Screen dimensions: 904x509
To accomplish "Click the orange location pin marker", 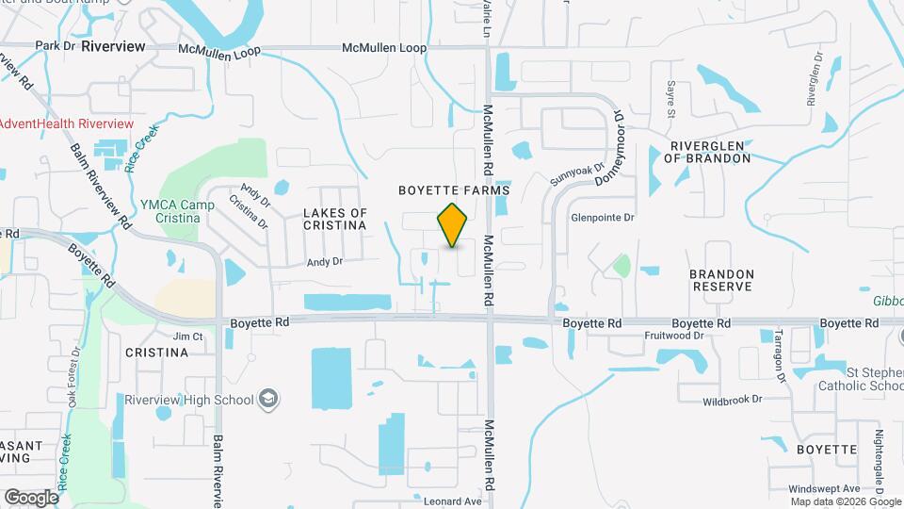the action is [453, 225].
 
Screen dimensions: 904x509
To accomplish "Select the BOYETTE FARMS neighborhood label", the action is [453, 189].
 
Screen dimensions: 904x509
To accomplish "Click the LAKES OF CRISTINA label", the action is [335, 220].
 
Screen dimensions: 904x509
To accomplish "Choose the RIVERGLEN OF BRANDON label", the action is [709, 152].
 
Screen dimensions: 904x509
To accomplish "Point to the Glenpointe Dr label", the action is [603, 216].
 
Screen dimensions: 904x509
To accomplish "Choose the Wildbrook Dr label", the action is [732, 401].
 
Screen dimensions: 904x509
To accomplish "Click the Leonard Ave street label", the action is [456, 501].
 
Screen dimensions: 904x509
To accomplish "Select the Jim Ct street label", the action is [187, 336].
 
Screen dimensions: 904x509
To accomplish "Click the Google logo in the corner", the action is [31, 497].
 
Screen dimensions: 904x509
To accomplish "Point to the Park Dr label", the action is [54, 45].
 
